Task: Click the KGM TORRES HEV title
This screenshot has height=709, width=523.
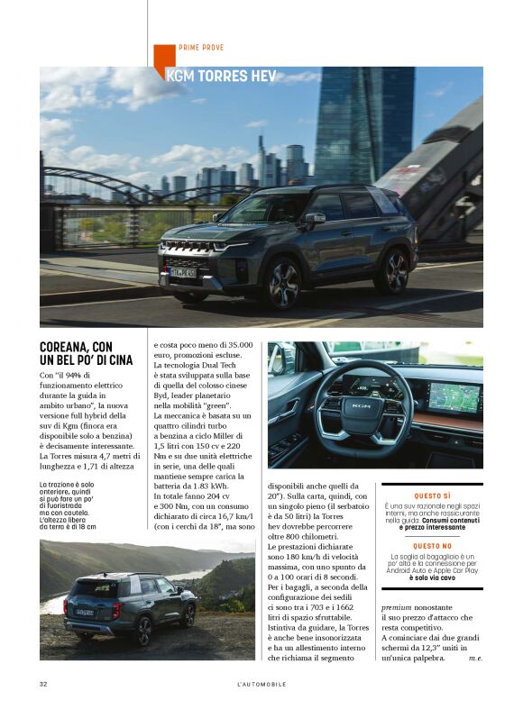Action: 221,77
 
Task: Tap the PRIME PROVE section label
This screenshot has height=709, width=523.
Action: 200,48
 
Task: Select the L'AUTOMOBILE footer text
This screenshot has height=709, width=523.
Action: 261,685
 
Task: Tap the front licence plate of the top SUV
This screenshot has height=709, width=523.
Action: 183,271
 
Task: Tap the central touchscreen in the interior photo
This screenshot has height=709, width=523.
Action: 453,396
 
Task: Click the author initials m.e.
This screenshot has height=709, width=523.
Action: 474,659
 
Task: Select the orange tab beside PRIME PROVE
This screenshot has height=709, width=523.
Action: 163,58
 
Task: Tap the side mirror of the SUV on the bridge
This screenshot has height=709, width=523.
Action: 313,217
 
